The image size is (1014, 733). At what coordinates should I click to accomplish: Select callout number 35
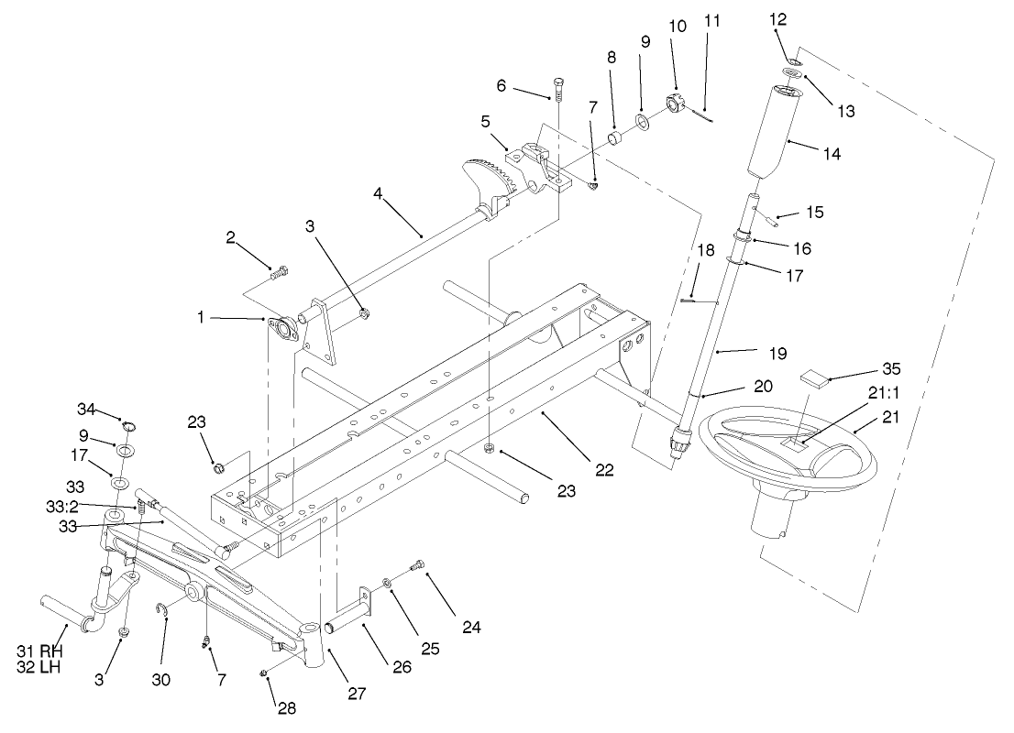point(891,369)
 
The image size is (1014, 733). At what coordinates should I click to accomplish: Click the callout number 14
point(832,156)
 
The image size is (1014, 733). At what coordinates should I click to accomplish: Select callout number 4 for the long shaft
point(379,193)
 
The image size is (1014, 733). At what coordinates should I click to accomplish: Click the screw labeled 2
point(278,271)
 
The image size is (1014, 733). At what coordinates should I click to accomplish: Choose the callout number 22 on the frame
point(603,470)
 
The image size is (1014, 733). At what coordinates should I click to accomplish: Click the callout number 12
point(778,19)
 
